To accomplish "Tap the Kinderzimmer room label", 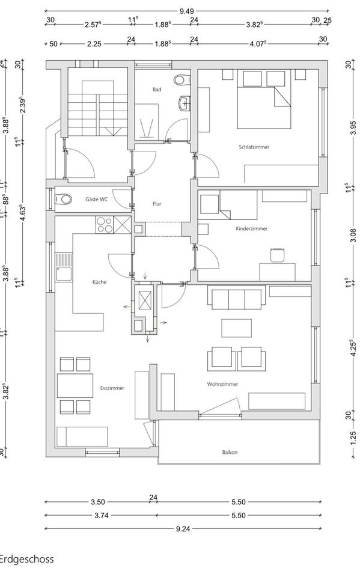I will [252, 228].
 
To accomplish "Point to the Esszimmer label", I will [113, 388].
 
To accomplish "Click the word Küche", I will [100, 281].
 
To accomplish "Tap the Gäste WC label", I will [96, 199].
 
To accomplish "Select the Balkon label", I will [229, 453].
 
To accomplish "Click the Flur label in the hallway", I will [157, 204].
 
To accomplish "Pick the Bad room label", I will [157, 90].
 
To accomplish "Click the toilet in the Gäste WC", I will [63, 199].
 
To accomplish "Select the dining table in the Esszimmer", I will [75, 385].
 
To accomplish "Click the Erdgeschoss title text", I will [27, 559].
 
